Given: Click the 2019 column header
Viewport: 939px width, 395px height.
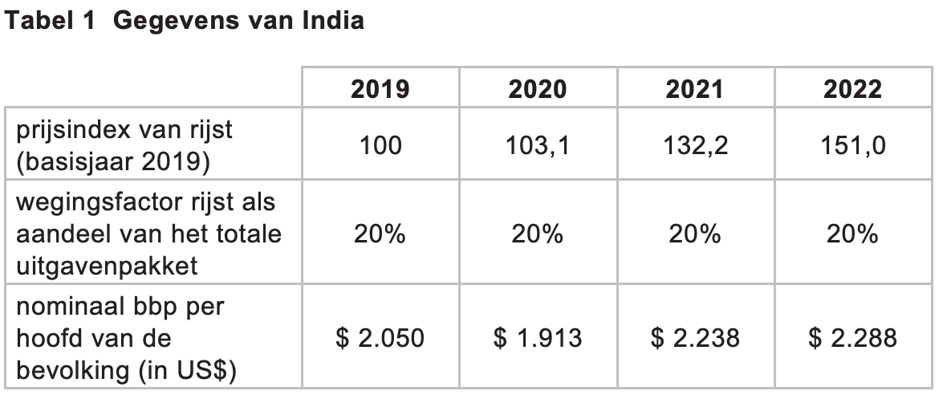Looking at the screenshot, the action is coord(380,89).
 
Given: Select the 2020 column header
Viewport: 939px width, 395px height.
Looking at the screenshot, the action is coord(537,89).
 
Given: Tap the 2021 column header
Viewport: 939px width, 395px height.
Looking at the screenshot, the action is coord(695,89).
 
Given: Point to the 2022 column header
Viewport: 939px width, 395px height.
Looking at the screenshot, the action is coord(852,89).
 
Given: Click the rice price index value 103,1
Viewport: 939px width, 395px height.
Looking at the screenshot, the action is coord(537,145).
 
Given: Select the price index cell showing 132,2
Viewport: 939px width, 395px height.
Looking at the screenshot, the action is coord(695,145).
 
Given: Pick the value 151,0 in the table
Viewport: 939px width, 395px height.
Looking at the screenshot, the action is coord(852,145).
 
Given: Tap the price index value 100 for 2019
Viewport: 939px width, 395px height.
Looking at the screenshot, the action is coord(380,145).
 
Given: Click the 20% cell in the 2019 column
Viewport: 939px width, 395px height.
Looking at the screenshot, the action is coord(380,233).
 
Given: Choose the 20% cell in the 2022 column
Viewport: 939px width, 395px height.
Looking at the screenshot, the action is coord(852,233).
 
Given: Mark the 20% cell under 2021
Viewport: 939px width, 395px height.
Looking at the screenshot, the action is coord(695,233).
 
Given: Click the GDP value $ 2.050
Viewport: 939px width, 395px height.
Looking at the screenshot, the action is coord(380,338).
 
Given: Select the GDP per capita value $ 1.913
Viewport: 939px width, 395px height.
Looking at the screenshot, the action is coord(537,338).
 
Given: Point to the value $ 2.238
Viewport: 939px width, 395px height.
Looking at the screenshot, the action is coord(695,338).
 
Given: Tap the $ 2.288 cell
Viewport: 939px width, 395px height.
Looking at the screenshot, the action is coord(852,338).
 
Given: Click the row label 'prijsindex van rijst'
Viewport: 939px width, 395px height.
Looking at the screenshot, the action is coord(124,130).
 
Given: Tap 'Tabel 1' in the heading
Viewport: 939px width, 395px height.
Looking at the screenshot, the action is coord(50,20).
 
